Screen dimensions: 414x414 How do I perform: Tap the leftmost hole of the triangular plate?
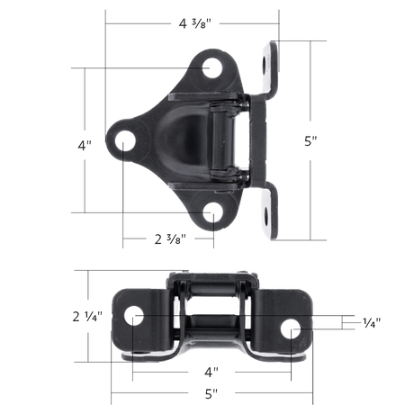click(125, 139)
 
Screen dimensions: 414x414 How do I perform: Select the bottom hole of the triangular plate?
click(212, 212)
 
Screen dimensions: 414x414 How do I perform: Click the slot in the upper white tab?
click(268, 63)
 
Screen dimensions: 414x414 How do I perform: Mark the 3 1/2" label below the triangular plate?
click(168, 239)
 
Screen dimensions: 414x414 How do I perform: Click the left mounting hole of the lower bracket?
click(133, 318)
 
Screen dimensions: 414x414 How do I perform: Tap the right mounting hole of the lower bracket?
click(293, 330)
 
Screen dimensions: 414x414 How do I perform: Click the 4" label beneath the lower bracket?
click(213, 370)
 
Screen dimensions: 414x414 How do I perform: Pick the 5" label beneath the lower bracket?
click(213, 393)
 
